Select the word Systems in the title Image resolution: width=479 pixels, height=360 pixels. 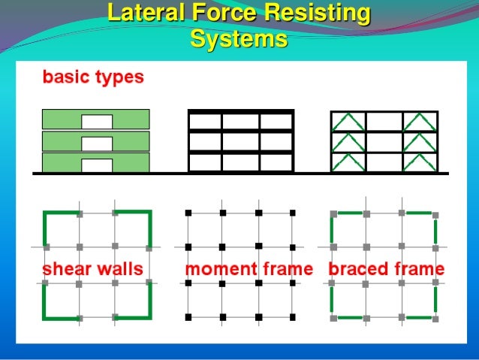point(239,38)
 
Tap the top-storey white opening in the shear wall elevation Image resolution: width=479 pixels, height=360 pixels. point(97,121)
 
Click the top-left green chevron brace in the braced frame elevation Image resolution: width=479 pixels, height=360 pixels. point(348,121)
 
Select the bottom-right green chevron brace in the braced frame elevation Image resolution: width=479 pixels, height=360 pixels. point(419,163)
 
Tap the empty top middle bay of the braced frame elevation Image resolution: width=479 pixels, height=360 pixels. point(384,121)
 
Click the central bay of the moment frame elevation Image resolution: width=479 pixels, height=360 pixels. point(240,142)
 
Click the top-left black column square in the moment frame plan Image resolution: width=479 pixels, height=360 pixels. point(188,213)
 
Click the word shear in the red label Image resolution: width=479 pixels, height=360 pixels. point(65,268)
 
